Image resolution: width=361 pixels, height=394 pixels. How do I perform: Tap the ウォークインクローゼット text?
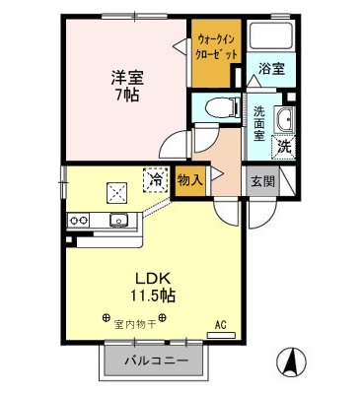[214, 45]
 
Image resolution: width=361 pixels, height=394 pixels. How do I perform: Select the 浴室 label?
[270, 68]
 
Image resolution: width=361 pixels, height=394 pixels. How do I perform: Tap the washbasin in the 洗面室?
[285, 122]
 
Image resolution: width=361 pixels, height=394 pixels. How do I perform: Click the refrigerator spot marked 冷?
[156, 179]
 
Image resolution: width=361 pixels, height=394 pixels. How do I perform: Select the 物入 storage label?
[189, 180]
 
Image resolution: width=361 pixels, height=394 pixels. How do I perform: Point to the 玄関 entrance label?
[261, 181]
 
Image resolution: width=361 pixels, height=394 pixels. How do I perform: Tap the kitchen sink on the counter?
[118, 219]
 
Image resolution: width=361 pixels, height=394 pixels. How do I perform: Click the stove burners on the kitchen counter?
[79, 219]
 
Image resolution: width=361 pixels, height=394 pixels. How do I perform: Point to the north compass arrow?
[291, 361]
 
